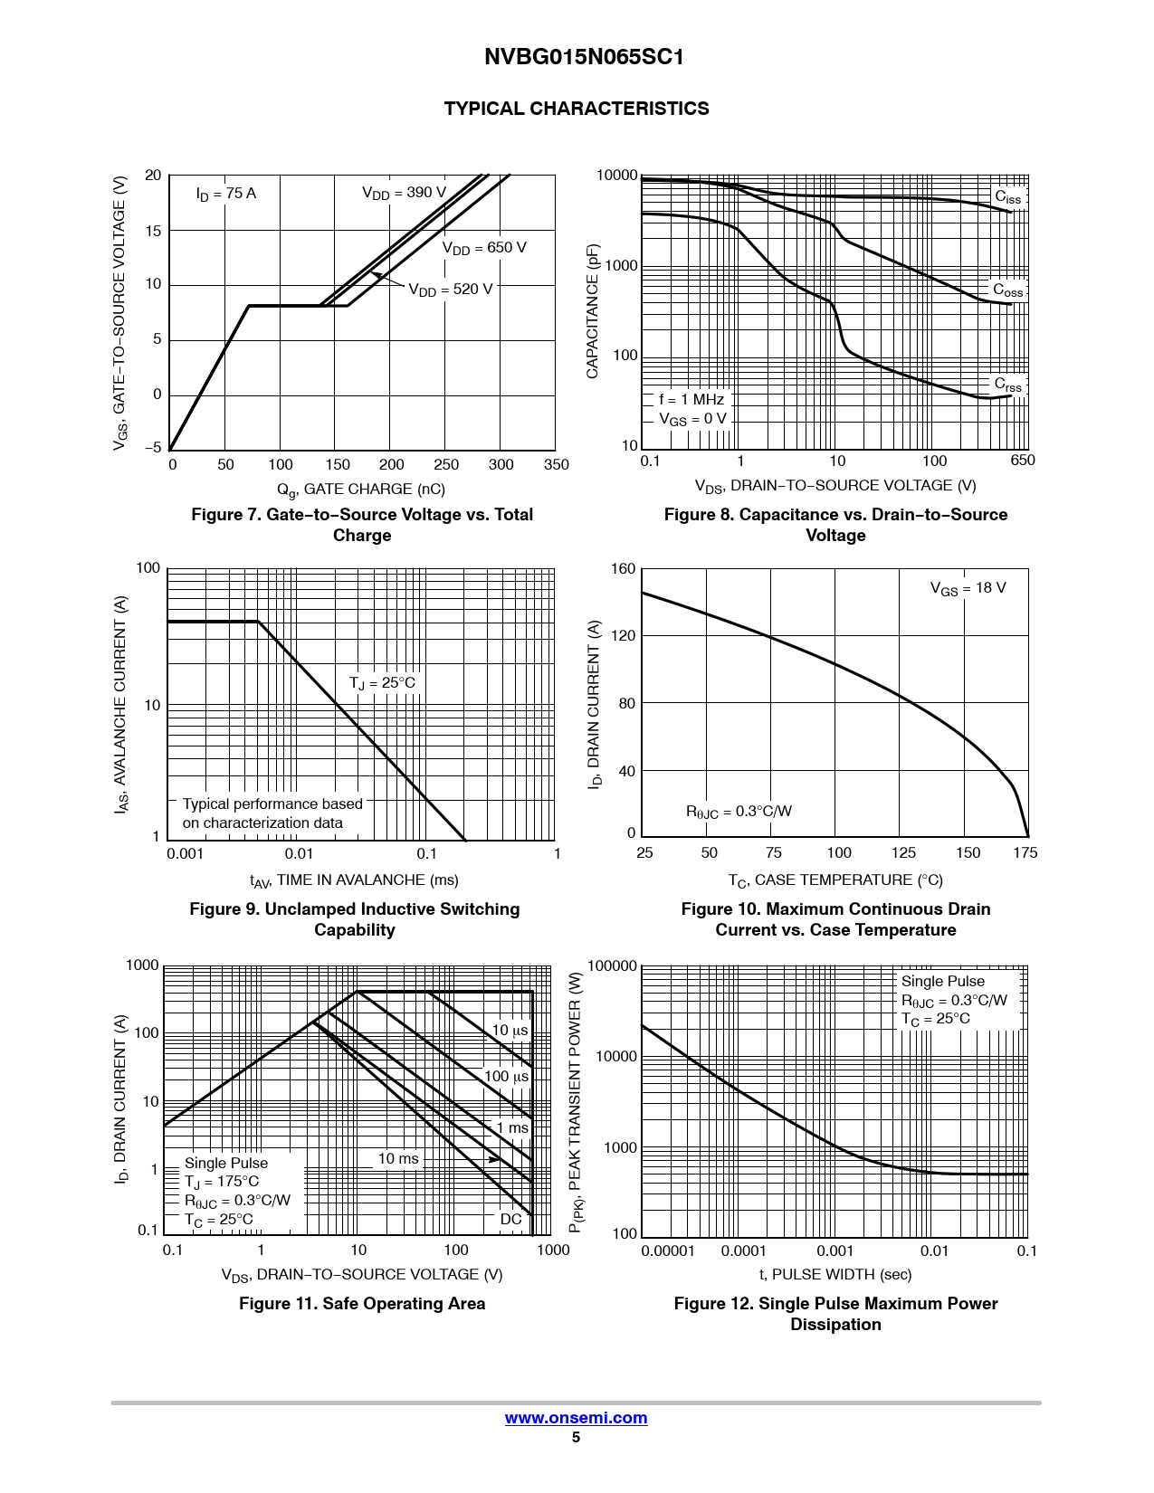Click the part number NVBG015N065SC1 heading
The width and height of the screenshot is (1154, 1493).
pyautogui.click(x=584, y=57)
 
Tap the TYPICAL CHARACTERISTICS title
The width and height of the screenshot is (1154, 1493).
pyautogui.click(x=577, y=109)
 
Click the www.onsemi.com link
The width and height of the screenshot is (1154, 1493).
pyautogui.click(x=576, y=1418)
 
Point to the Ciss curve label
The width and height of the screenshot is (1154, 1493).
pyautogui.click(x=1007, y=197)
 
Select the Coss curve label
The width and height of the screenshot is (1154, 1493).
pyautogui.click(x=1007, y=290)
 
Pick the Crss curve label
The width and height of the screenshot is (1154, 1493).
pyautogui.click(x=1007, y=385)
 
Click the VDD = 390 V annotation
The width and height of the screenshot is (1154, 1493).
pyautogui.click(x=404, y=193)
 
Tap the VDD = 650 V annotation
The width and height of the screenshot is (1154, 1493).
pyautogui.click(x=483, y=248)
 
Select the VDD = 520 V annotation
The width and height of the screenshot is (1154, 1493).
pyautogui.click(x=450, y=290)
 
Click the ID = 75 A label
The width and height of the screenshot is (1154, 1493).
pyautogui.click(x=226, y=194)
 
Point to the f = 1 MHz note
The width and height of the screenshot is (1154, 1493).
pyautogui.click(x=691, y=399)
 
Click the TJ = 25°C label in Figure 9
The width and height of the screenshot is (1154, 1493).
pyautogui.click(x=382, y=683)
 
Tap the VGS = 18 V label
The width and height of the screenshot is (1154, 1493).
pyautogui.click(x=968, y=588)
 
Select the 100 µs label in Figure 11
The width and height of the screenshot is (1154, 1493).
pyautogui.click(x=506, y=1077)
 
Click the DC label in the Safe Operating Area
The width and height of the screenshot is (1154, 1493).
pyautogui.click(x=510, y=1219)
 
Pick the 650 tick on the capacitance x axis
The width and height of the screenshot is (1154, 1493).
pyautogui.click(x=1022, y=461)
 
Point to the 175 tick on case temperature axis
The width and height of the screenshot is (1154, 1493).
pyautogui.click(x=1025, y=852)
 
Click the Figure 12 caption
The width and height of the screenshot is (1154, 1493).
pyautogui.click(x=835, y=1314)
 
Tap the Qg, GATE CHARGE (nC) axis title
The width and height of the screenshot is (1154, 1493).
pyautogui.click(x=361, y=490)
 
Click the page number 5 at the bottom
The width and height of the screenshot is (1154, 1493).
pyautogui.click(x=576, y=1437)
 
